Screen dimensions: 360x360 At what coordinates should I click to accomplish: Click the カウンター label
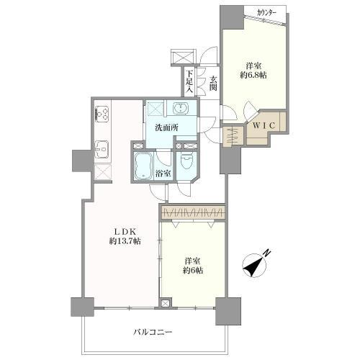[x=266, y=13]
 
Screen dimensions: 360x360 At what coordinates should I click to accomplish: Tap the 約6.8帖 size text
[x=253, y=75]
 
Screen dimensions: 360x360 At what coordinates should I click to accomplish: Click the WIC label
[x=264, y=125]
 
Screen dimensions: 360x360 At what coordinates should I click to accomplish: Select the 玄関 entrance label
[x=213, y=84]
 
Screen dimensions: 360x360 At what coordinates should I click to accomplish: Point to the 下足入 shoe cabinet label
[x=190, y=81]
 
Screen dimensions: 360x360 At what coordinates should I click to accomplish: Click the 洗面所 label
[x=166, y=127]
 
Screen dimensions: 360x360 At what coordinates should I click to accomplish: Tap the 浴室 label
[x=163, y=174]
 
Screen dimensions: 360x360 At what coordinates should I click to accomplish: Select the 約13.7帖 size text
[x=125, y=241]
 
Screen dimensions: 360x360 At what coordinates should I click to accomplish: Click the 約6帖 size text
[x=193, y=271]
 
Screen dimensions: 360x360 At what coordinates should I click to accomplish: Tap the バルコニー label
[x=153, y=333]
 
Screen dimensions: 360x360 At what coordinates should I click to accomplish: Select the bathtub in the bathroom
[x=143, y=166]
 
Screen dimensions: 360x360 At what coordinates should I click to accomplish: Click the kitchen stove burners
[x=102, y=114]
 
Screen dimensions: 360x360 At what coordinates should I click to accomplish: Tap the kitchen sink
[x=102, y=149]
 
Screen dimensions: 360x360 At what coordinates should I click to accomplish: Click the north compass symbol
[x=254, y=265]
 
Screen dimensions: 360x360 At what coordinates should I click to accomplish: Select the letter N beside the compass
[x=267, y=253]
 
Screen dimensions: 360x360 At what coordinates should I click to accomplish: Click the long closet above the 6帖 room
[x=193, y=212]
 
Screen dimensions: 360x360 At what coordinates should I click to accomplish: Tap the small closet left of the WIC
[x=233, y=137]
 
